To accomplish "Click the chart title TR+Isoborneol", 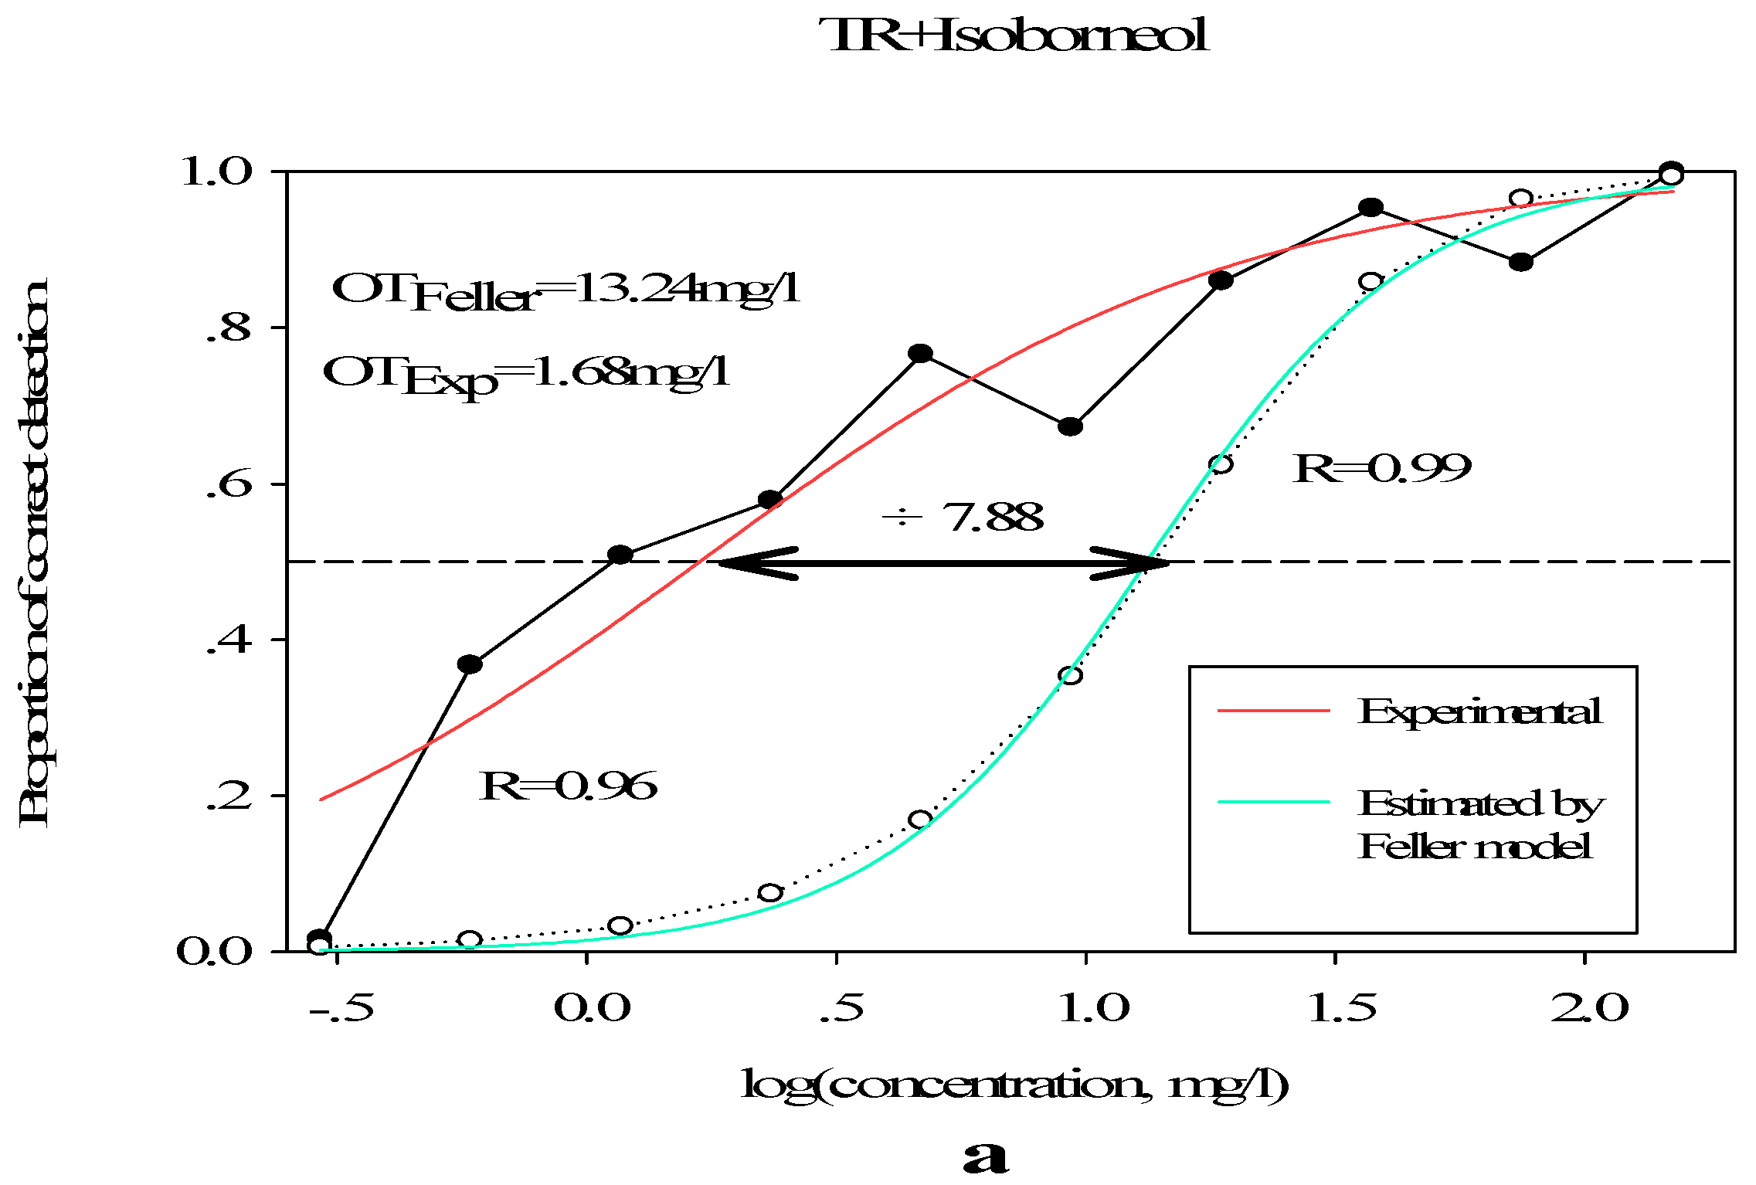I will click(1017, 36).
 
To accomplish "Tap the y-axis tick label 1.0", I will click(217, 171).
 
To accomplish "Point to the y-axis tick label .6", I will click(229, 485).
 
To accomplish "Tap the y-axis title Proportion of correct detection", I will click(35, 552).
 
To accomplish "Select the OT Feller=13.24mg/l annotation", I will click(566, 292).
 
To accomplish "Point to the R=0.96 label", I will click(568, 786).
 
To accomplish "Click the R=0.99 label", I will click(1382, 468).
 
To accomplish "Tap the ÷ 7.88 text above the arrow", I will click(963, 517).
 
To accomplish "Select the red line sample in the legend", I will click(1273, 710).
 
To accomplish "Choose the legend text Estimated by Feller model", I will click(1479, 825).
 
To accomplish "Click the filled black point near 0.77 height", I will click(919, 354).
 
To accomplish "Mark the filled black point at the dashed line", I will click(620, 555).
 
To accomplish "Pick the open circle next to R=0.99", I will click(1221, 463).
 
